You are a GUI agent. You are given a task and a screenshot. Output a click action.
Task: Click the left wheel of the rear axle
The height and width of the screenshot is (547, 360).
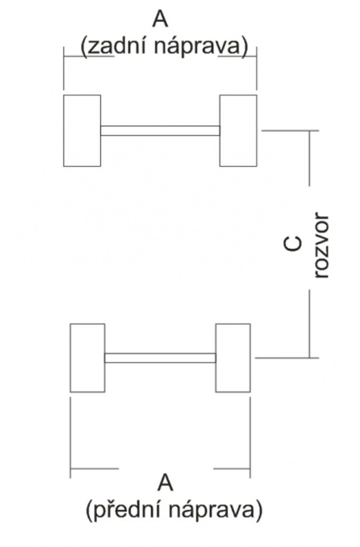[x=82, y=130]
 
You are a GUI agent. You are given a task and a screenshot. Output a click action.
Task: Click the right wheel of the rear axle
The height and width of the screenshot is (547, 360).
[x=238, y=130]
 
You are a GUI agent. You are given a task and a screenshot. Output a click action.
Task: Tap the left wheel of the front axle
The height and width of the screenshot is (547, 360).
[x=88, y=358]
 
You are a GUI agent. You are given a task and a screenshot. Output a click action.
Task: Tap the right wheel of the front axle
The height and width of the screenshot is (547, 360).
[x=233, y=358]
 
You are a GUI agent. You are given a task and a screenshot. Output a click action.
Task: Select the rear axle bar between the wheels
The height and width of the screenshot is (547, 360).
[x=160, y=130]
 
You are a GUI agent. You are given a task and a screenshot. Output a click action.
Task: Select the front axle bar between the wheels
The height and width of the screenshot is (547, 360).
[x=160, y=358]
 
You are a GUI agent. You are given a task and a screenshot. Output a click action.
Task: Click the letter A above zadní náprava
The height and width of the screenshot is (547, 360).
[x=160, y=19]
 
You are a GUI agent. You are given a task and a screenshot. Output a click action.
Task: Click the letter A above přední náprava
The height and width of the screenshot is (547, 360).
[x=166, y=483]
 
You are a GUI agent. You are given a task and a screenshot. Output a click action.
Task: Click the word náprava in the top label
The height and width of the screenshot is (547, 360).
[x=197, y=48]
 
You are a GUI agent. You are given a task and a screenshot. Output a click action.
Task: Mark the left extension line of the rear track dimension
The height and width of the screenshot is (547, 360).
[x=64, y=67]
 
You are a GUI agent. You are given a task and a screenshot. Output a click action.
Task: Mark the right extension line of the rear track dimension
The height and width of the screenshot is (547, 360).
[x=257, y=67]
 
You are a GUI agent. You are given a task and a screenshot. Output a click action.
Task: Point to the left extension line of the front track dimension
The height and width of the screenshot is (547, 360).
[x=70, y=438]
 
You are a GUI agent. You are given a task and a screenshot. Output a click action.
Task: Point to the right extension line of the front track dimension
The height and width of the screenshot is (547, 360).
[x=250, y=438]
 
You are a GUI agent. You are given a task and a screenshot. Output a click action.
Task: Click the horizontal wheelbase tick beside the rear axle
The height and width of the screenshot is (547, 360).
[x=290, y=130]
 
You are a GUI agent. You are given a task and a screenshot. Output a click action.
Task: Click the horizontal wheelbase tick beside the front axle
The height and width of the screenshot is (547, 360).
[x=286, y=358]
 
